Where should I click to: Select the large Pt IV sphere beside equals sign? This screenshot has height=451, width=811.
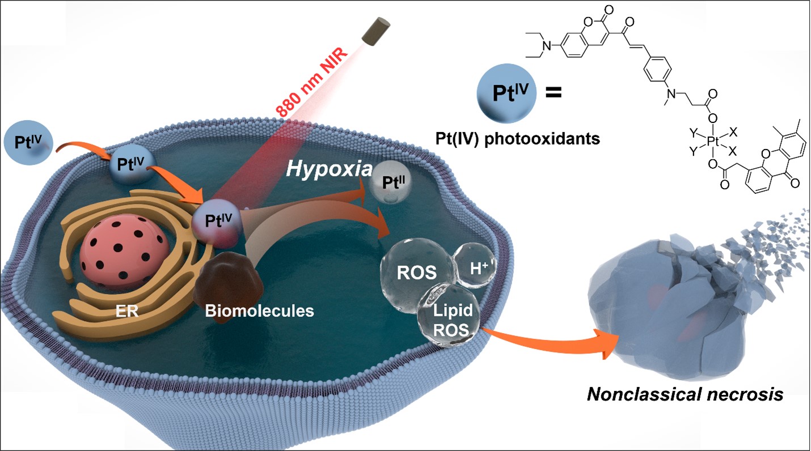pos(502,92)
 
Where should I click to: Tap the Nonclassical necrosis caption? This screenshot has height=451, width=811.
pos(685,394)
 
